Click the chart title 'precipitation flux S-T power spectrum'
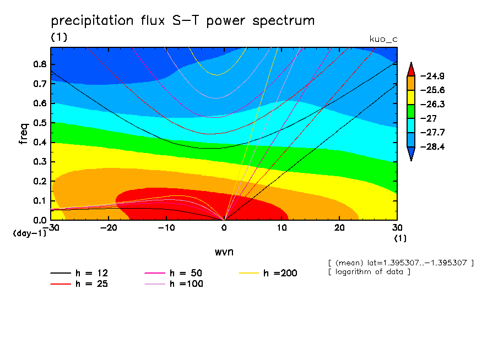tap(182, 21)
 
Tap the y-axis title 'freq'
tap(24, 133)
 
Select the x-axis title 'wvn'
tap(224, 252)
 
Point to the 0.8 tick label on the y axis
tap(39, 64)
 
